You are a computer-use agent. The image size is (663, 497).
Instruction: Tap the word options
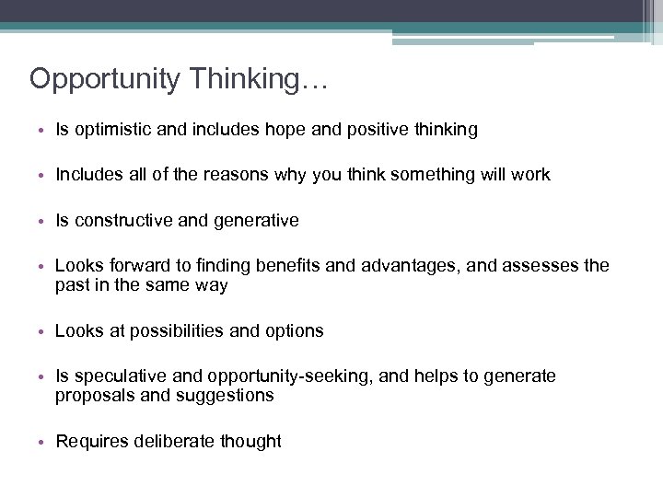pos(294,330)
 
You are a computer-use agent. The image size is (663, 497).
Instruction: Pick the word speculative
pos(117,376)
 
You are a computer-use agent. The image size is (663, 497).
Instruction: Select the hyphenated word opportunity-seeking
pos(282,376)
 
